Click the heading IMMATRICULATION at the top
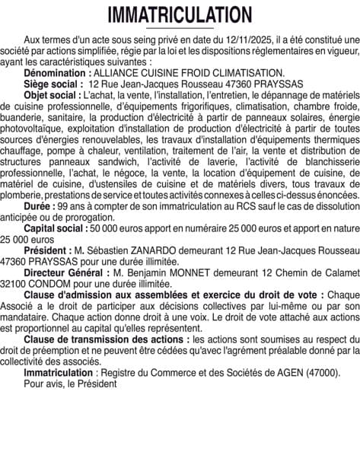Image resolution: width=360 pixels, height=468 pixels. click(180, 14)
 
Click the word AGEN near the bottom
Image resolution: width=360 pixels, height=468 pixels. click(290, 373)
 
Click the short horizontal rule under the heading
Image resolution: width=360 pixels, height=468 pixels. click(180, 28)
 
